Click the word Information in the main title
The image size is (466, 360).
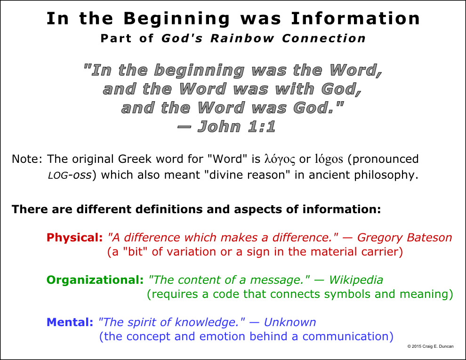point(355,18)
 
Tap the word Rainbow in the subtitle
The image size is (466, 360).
point(242,38)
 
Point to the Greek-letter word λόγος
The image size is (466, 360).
point(280,160)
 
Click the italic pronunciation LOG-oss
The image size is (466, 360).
point(70,175)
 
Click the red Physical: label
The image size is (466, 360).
point(74,238)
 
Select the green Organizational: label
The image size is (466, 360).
point(95,280)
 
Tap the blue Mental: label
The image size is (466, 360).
point(70,322)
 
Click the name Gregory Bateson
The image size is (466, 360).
point(404,238)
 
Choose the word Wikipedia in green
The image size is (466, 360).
point(356,280)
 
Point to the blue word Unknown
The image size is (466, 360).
point(290,322)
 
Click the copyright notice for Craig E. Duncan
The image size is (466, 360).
point(430,346)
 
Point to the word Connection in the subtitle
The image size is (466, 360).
point(324,38)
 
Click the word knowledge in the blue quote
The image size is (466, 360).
point(207,322)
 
